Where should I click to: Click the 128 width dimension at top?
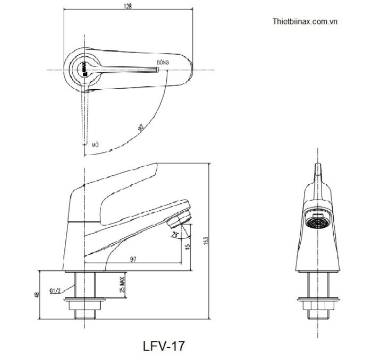point(128,6)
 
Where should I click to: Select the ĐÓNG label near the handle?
point(163,63)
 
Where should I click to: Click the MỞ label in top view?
point(96,144)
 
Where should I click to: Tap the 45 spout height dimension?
point(188,247)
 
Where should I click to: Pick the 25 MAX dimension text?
point(122,287)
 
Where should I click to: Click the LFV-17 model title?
point(164,346)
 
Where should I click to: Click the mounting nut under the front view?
point(318,306)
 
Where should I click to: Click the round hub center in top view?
point(83,69)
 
